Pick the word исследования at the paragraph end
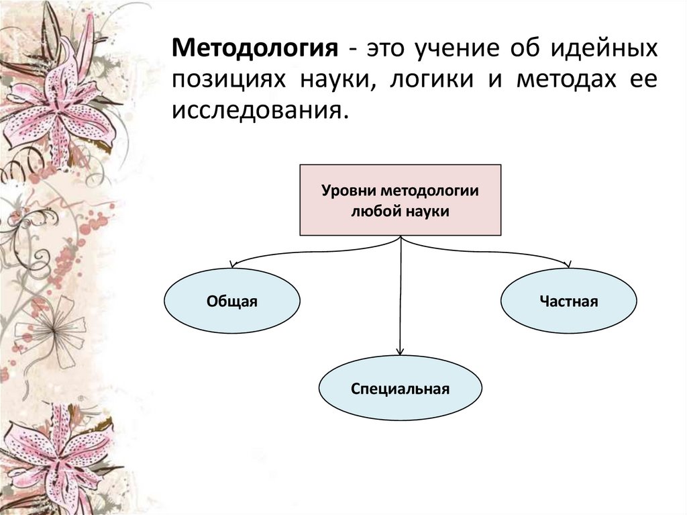pyautogui.click(x=260, y=109)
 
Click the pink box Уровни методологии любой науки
pyautogui.click(x=400, y=200)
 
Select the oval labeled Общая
pyautogui.click(x=232, y=301)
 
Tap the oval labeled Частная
pyautogui.click(x=568, y=301)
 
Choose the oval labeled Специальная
pyautogui.click(x=400, y=388)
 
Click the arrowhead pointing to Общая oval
pyautogui.click(x=233, y=265)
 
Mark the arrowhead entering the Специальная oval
pyautogui.click(x=401, y=350)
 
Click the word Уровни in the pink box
pyautogui.click(x=346, y=191)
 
